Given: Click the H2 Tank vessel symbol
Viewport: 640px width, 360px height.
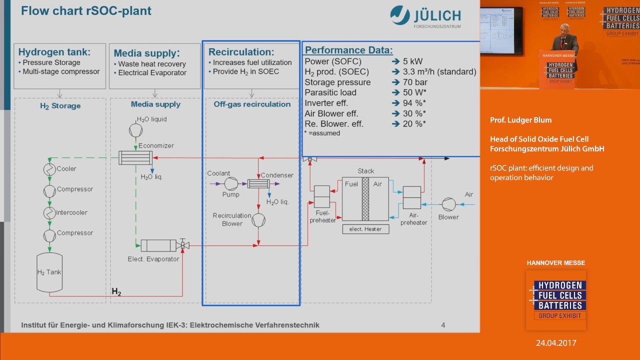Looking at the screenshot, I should pos(49,272).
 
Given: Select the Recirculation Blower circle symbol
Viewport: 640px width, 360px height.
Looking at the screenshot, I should pos(258,220).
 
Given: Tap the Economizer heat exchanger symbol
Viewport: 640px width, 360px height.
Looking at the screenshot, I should pos(135,157).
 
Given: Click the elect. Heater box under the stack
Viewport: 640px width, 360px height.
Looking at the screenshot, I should pos(365,229).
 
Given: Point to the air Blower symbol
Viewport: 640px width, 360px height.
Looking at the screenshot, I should pos(448,204).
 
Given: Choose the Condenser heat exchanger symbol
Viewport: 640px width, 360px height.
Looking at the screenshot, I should pos(258,184).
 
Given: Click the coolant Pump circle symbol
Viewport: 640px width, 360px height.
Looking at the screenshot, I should pos(231,184).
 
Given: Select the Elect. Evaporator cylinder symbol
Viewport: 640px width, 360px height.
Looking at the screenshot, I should pos(158,245).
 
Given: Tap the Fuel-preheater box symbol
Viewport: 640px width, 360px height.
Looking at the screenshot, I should pos(321,196).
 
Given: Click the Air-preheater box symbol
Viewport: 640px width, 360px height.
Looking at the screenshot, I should pos(412,197).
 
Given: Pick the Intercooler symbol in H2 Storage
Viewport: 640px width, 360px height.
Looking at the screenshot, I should pos(49,213).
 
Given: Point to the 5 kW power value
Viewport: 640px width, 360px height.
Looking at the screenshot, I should pos(412,61).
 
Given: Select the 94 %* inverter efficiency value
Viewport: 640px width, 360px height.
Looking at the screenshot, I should pos(414,103).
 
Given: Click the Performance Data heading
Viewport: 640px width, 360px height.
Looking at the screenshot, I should pos(348,50).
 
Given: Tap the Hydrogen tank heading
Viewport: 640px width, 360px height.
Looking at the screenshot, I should pos(54,51).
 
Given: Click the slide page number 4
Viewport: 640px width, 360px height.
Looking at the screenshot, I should pos(443,325).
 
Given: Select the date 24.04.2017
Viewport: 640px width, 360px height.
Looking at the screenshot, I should pos(556,343).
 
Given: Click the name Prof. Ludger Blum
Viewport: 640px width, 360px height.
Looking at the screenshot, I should pos(520,120).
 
